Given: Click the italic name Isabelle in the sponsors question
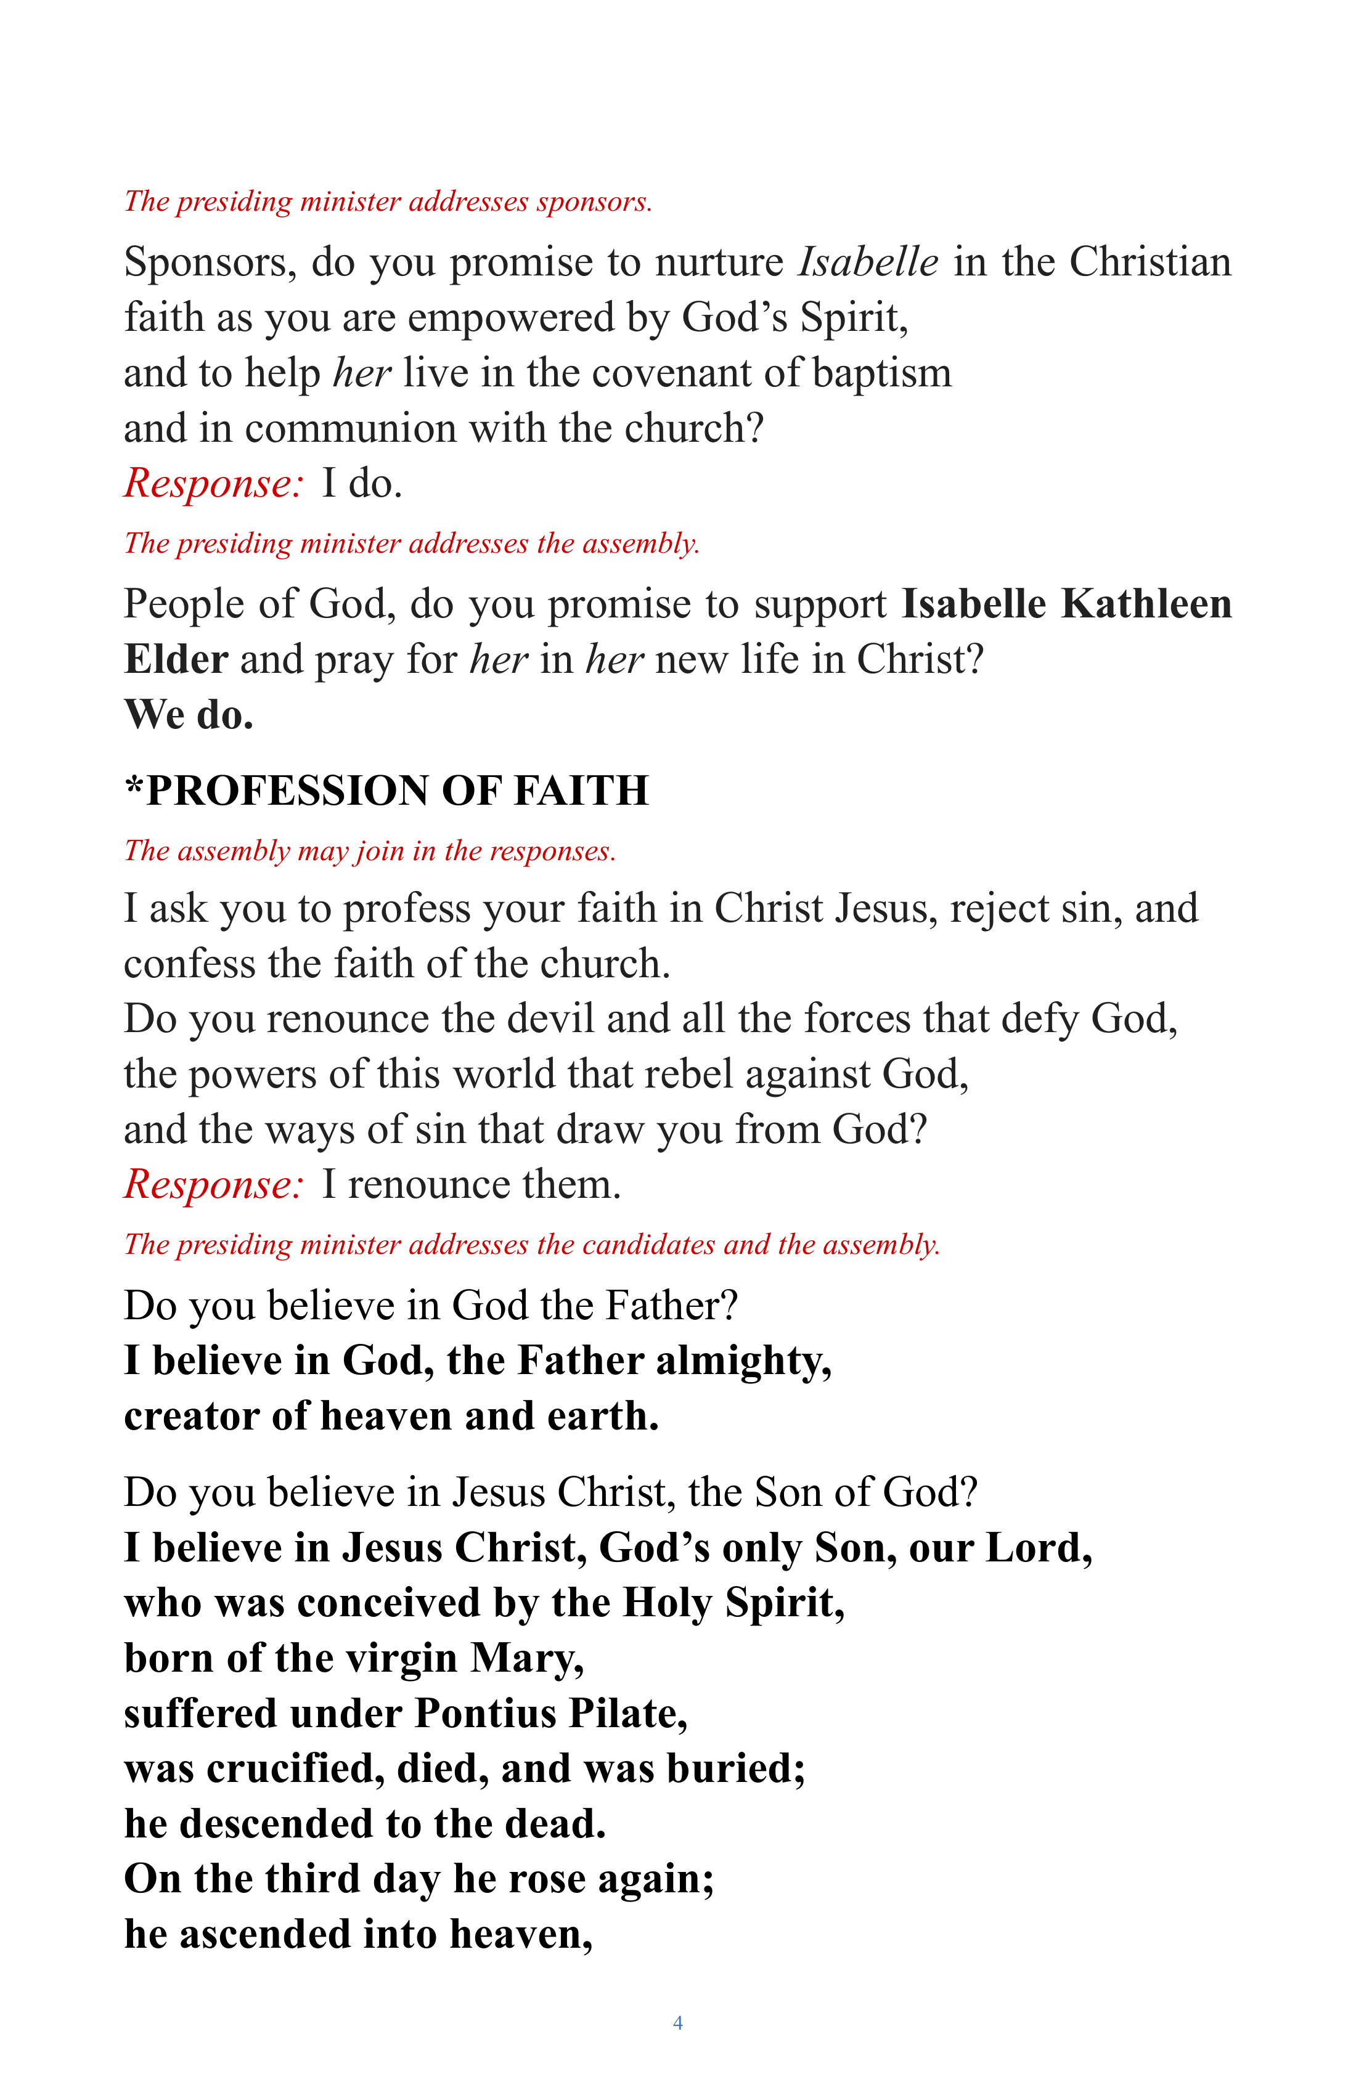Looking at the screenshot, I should tap(867, 262).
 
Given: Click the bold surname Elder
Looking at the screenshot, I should tap(176, 659).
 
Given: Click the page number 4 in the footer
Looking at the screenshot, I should tap(677, 2023).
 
